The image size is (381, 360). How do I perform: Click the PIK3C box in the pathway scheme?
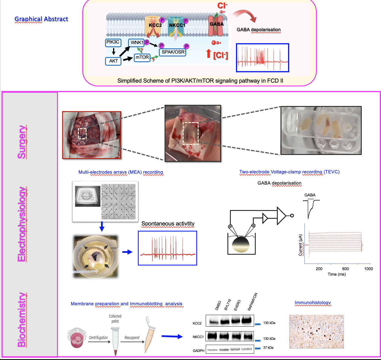tap(113, 42)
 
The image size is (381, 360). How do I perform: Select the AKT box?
tap(113, 61)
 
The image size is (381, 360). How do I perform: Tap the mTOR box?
tap(142, 57)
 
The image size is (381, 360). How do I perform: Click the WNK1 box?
tap(137, 43)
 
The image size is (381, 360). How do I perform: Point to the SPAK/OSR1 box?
tap(173, 52)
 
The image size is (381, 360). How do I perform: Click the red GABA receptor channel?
tap(216, 25)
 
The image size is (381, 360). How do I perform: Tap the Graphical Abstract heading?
tap(41, 19)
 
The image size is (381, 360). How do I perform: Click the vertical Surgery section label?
tap(22, 142)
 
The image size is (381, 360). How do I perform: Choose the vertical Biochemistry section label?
tap(22, 320)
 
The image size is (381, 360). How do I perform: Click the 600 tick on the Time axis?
tap(346, 269)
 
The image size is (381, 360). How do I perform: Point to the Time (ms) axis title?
tap(337, 274)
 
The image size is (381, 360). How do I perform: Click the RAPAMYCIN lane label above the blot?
tap(252, 302)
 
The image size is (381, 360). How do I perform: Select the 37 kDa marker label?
tap(268, 348)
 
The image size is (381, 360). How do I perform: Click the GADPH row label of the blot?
tap(198, 350)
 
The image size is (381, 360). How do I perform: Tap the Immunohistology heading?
tap(313, 303)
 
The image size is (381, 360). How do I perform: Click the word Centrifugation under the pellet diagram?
tap(98, 338)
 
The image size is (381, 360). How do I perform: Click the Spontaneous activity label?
tap(168, 224)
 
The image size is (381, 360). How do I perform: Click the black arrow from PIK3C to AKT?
tap(114, 51)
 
